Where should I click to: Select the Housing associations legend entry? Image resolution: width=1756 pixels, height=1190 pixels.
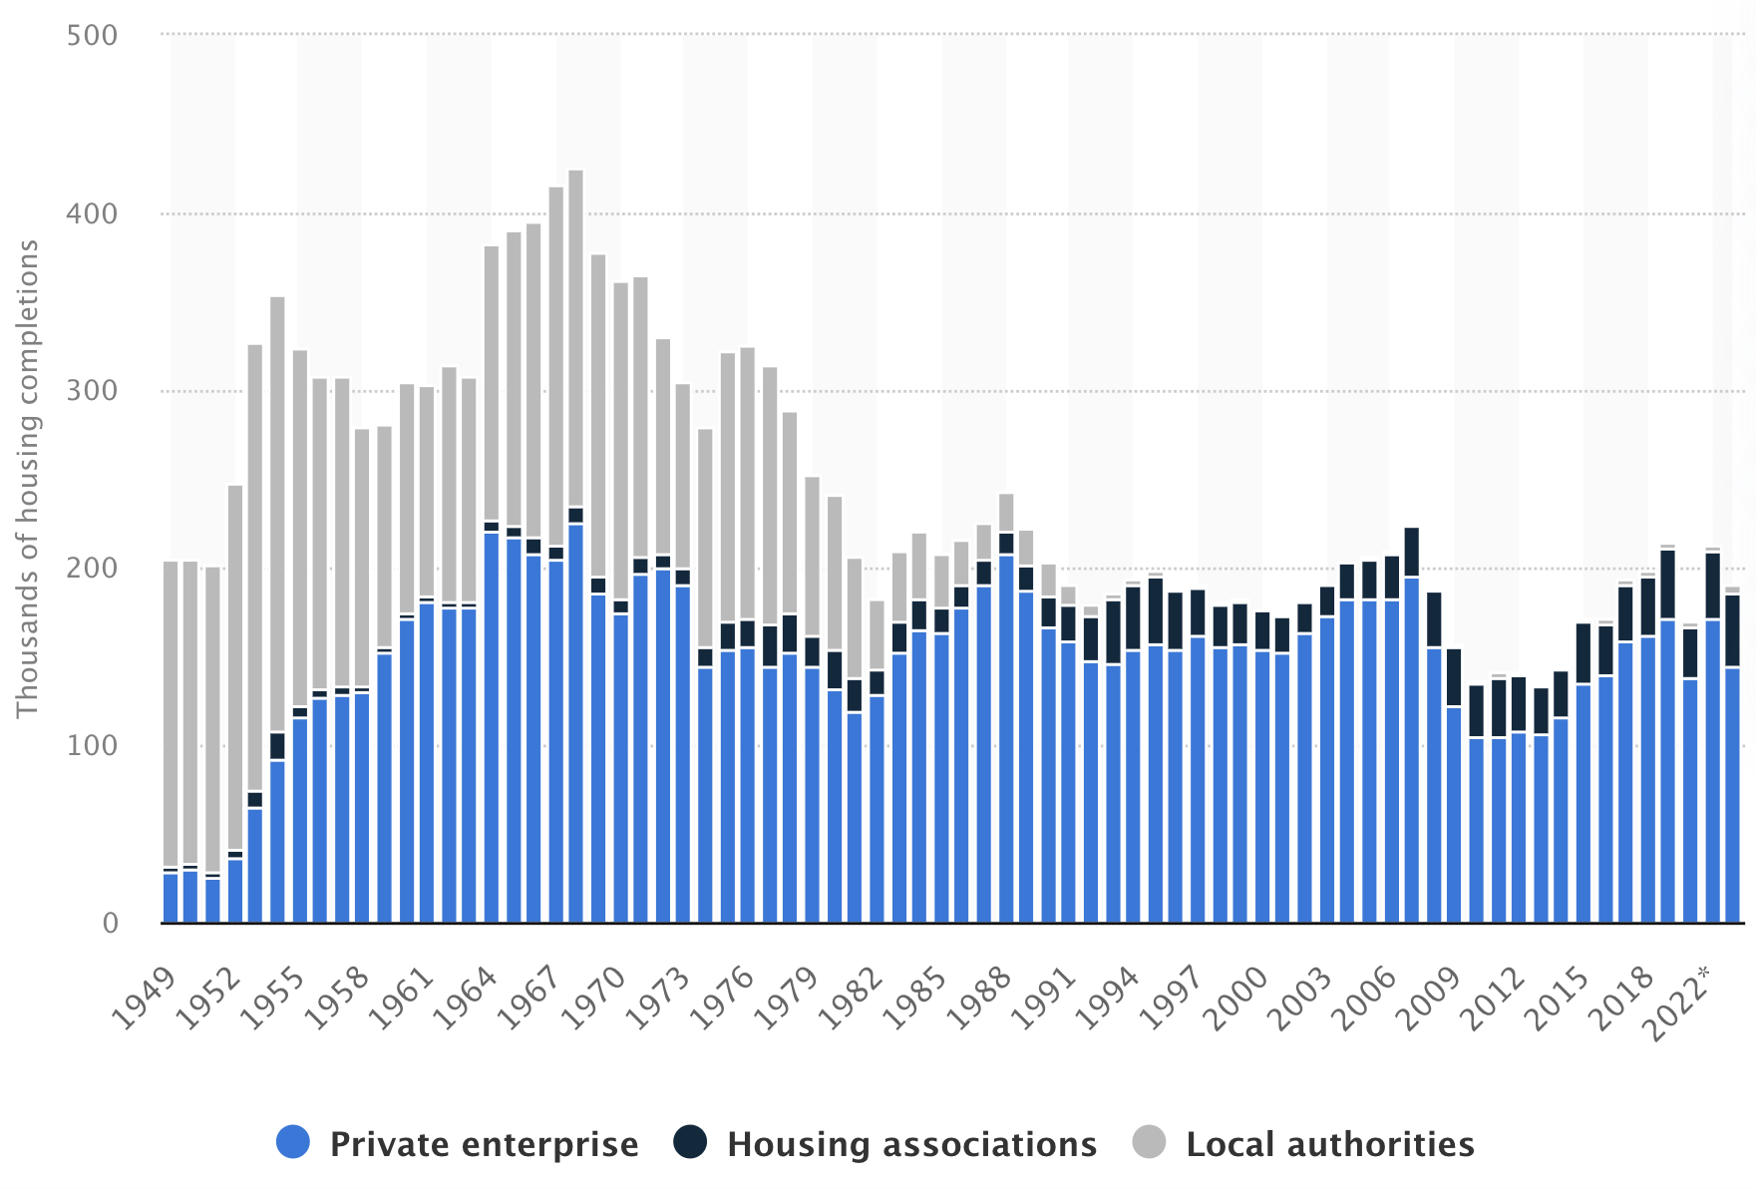910,1144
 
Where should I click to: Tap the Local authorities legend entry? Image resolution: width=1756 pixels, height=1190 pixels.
1329,1144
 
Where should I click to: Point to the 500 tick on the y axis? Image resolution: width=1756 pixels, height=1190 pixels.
92,36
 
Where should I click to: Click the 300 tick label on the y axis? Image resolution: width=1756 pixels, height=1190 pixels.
92,391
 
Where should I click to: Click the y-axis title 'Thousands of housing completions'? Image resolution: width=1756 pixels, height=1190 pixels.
27,479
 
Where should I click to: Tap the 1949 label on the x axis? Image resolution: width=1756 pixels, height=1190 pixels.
145,997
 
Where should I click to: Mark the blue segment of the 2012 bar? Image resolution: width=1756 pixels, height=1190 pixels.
1518,828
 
